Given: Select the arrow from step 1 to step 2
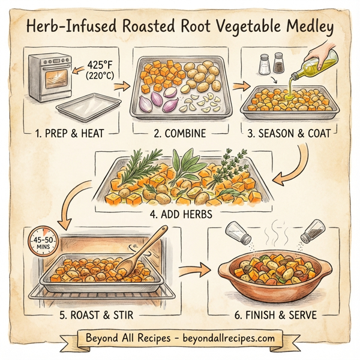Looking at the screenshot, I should point(121,86).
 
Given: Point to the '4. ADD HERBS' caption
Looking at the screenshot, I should point(180,212).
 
